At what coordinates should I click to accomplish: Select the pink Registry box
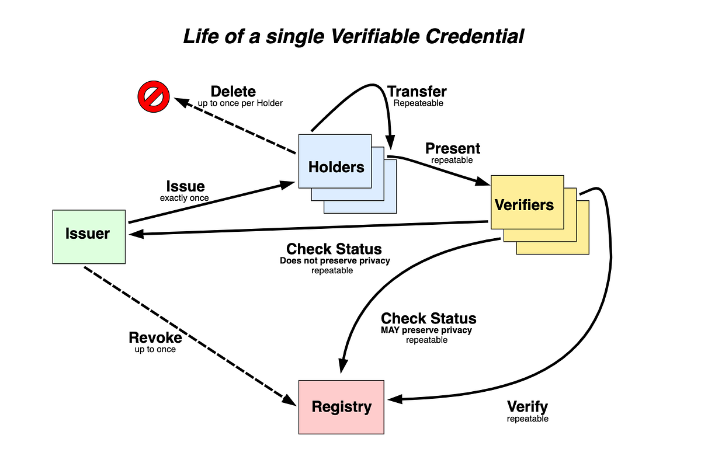pyautogui.click(x=341, y=406)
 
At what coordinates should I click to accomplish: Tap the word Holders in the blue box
pyautogui.click(x=336, y=168)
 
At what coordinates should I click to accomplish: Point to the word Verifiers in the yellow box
pyautogui.click(x=524, y=205)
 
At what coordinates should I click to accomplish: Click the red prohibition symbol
pyautogui.click(x=154, y=97)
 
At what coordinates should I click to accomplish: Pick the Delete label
pyautogui.click(x=233, y=92)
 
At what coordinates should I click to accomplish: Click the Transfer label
pyautogui.click(x=417, y=92)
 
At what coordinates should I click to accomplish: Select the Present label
pyautogui.click(x=453, y=148)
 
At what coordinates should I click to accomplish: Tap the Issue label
pyautogui.click(x=185, y=186)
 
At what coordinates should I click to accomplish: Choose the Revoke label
pyautogui.click(x=155, y=337)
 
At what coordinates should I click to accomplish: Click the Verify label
pyautogui.click(x=528, y=407)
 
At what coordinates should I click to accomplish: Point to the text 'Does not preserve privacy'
pyautogui.click(x=335, y=261)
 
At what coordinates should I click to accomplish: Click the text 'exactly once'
pyautogui.click(x=185, y=198)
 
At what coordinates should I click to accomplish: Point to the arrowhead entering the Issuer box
pyautogui.click(x=134, y=234)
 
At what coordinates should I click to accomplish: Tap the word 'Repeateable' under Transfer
pyautogui.click(x=418, y=103)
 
